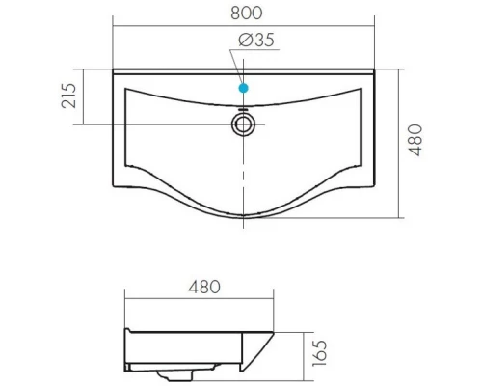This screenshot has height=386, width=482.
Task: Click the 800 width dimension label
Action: tap(247, 14)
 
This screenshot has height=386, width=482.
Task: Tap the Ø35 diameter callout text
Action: tap(256, 40)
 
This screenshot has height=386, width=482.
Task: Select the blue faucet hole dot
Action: tap(244, 88)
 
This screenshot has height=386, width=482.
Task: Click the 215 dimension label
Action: tap(68, 96)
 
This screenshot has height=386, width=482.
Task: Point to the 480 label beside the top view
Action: tap(415, 140)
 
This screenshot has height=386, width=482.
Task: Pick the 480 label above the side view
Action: tap(204, 287)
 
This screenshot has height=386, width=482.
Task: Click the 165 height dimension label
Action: tap(320, 353)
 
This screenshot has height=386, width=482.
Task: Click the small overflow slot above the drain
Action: tap(243, 109)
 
